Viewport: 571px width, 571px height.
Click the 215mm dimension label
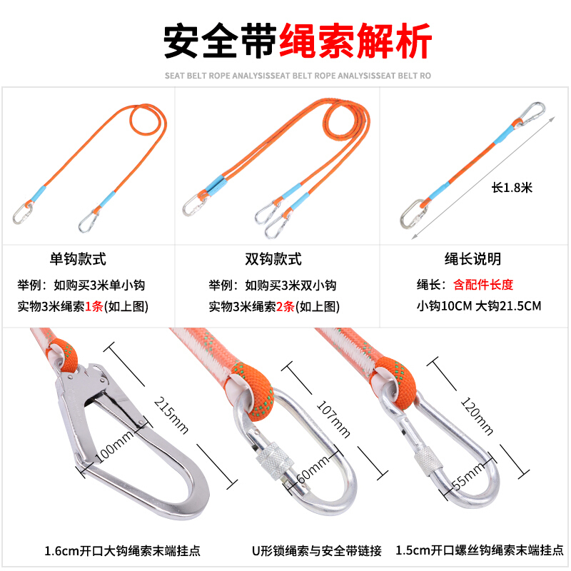[x=171, y=415]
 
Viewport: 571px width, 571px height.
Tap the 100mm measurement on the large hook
[x=115, y=445]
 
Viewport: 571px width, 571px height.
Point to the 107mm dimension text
[x=333, y=419]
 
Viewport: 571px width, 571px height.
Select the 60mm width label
[x=313, y=470]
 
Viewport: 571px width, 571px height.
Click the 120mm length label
[x=477, y=416]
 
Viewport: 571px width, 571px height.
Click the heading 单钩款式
[x=78, y=259]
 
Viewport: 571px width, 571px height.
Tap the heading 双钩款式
[x=273, y=259]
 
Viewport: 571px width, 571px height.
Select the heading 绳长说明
[x=473, y=259]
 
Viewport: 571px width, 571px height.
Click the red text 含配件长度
[x=483, y=284]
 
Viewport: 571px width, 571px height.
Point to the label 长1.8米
[x=512, y=188]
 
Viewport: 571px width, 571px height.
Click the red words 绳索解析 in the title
[x=355, y=41]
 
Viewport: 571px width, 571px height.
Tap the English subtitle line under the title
[x=298, y=76]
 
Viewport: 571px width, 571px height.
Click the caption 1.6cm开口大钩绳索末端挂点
[x=122, y=550]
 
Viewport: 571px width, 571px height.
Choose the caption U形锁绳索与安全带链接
[x=316, y=550]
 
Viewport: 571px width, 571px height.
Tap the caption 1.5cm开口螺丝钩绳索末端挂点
[x=480, y=550]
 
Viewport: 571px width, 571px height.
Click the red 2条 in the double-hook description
[x=285, y=307]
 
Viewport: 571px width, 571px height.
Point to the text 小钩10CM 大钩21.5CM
[x=479, y=306]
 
